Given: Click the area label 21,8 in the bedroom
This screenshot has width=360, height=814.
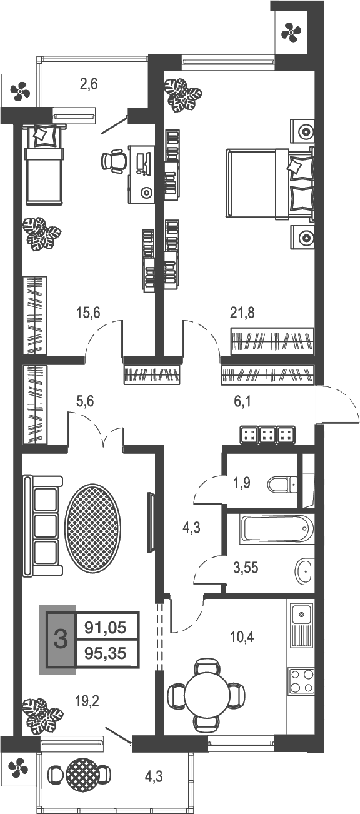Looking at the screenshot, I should point(242,313).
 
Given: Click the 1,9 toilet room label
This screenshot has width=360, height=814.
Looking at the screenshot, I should point(241,482).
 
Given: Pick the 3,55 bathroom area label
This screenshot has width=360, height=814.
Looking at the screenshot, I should point(246,570).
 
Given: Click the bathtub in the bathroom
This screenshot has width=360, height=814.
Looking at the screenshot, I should point(276,530).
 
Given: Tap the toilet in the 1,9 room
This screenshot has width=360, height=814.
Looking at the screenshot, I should point(282,485).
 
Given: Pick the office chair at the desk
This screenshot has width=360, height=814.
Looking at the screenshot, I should point(114,161).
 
